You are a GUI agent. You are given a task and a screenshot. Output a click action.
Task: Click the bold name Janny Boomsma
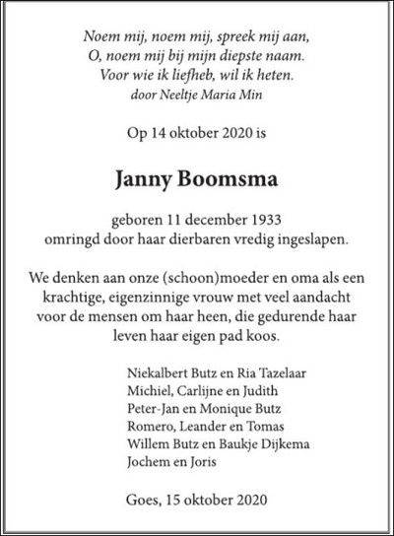197,180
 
